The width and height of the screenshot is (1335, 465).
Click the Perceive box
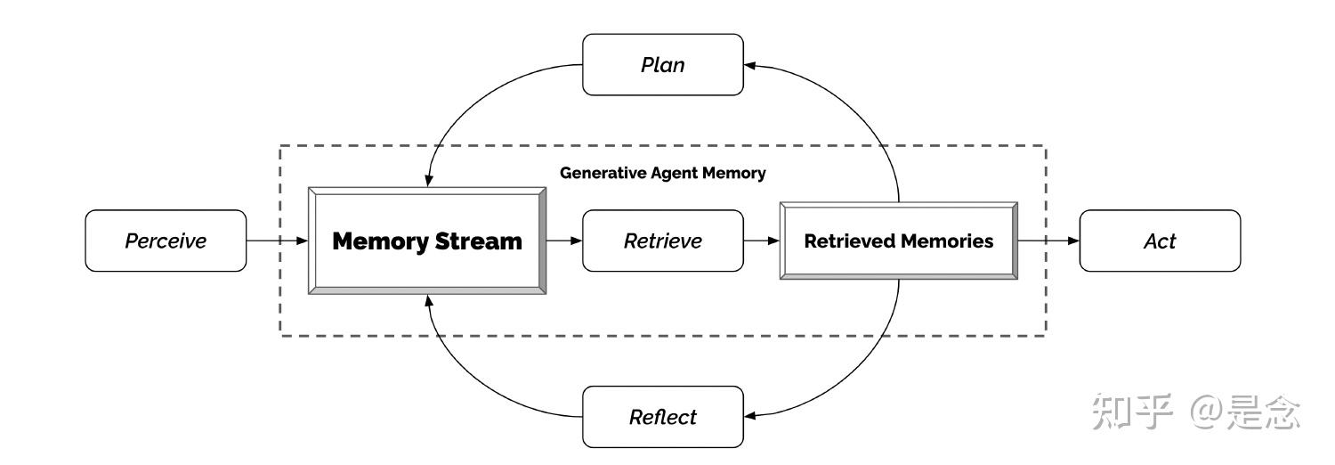pyautogui.click(x=166, y=241)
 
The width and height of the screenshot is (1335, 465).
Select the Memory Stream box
pyautogui.click(x=427, y=241)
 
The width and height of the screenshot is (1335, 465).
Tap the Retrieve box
pyautogui.click(x=662, y=241)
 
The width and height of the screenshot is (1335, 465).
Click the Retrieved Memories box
pyautogui.click(x=898, y=241)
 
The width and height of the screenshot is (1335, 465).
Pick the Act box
pyautogui.click(x=1159, y=241)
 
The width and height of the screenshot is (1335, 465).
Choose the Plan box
pyautogui.click(x=662, y=65)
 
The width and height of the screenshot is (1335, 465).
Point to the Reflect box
pyautogui.click(x=662, y=417)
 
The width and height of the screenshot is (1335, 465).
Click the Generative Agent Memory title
pyautogui.click(x=662, y=173)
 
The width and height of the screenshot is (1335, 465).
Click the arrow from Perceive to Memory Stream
pyautogui.click(x=277, y=241)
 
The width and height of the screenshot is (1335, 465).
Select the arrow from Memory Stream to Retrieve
pyautogui.click(x=563, y=241)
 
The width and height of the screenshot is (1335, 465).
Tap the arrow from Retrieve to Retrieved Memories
pyautogui.click(x=761, y=241)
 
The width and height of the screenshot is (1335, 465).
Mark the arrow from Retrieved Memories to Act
pyautogui.click(x=1048, y=241)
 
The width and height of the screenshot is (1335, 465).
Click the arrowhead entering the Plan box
pyautogui.click(x=750, y=65)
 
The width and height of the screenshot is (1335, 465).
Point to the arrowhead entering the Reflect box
pyautogui.click(x=750, y=414)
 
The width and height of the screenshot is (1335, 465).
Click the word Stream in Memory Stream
pyautogui.click(x=480, y=241)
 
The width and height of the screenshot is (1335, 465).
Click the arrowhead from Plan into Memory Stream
pyautogui.click(x=428, y=181)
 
